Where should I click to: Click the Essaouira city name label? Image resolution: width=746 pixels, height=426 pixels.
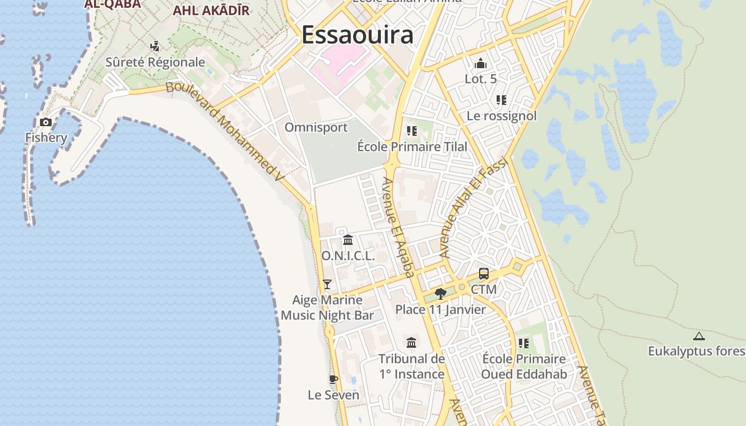357,35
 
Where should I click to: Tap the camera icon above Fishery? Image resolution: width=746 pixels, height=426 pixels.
46,122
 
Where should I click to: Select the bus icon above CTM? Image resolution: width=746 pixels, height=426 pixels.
484,274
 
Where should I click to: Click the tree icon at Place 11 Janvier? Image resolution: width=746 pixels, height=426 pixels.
440,293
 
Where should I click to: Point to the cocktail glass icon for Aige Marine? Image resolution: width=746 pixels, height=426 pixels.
327,284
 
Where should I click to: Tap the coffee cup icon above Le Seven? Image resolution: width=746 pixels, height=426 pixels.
334,379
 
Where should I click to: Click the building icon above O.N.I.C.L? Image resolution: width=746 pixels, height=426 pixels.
348,240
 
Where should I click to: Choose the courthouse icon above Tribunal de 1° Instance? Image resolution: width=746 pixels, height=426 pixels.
411,342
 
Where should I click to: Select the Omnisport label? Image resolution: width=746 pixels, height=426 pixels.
316,127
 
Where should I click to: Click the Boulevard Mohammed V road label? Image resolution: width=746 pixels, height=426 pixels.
223,131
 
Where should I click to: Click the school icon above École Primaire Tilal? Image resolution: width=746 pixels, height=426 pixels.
411,130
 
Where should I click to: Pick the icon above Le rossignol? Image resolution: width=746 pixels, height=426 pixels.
501,100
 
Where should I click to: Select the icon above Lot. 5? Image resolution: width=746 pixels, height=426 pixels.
481,63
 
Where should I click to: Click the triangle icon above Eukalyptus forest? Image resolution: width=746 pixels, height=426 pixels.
699,336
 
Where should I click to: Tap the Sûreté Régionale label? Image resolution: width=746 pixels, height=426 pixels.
155,62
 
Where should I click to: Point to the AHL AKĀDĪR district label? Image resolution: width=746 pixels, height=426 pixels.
211,10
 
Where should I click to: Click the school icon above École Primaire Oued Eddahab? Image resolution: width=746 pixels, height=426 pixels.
524,343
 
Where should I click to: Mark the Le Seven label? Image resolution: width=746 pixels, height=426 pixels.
334,395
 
